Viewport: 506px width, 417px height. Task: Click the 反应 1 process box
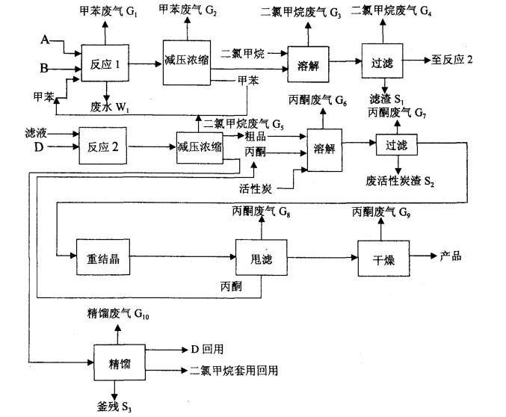pyautogui.click(x=105, y=66)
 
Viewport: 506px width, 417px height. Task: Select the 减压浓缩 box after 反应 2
pyautogui.click(x=200, y=148)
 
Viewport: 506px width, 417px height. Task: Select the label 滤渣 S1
pyautogui.click(x=386, y=99)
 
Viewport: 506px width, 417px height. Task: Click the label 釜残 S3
pyautogui.click(x=114, y=406)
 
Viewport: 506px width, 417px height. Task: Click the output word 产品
pyautogui.click(x=451, y=256)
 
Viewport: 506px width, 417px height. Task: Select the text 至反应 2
pyautogui.click(x=452, y=60)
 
